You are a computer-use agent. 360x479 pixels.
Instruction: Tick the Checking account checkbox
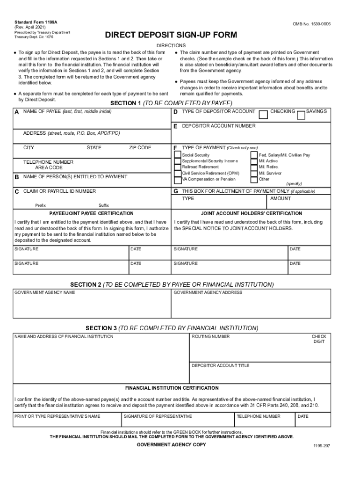point(264,115)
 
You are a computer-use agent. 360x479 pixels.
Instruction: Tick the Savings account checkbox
point(301,115)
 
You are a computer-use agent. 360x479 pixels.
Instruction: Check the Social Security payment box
point(177,155)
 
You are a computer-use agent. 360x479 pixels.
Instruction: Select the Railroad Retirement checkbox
point(177,167)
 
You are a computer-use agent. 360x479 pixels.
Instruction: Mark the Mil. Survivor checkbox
point(254,173)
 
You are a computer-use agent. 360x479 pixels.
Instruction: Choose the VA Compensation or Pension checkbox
point(177,179)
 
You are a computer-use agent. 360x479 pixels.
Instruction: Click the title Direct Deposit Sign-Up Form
point(171,35)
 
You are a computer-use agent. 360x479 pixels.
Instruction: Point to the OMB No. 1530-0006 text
point(312,23)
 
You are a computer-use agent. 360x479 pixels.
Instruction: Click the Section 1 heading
point(171,103)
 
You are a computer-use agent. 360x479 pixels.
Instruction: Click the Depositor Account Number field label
point(218,126)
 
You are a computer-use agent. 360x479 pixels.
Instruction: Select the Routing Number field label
point(211,337)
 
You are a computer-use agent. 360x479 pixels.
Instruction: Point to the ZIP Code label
point(140,148)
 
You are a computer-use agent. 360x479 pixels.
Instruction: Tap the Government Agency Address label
point(208,293)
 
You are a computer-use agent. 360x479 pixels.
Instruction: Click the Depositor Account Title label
point(221,366)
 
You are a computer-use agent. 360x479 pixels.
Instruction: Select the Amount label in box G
point(281,199)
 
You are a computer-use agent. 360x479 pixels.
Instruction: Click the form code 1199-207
point(322,446)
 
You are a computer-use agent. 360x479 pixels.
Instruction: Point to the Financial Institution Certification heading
point(172,388)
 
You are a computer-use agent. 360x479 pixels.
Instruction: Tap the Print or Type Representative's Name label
point(58,416)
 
